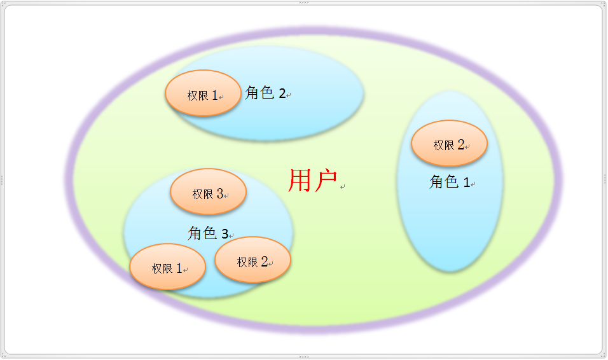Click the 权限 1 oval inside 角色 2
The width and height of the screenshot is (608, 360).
[x=203, y=93]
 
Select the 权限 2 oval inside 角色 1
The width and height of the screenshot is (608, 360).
[x=449, y=144]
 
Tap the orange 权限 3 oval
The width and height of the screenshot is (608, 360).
[x=208, y=192]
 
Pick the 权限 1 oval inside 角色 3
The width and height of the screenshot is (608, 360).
[x=167, y=267]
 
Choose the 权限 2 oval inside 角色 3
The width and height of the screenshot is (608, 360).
[x=252, y=260]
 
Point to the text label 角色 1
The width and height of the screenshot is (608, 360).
[x=450, y=183]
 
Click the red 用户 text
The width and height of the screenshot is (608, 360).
[x=312, y=181]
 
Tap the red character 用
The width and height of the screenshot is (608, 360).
[x=300, y=181]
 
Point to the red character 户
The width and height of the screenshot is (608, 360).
[x=325, y=181]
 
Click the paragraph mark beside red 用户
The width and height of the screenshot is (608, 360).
[x=343, y=187]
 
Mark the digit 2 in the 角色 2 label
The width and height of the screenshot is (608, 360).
[x=282, y=94]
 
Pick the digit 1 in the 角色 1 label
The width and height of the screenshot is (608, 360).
[x=466, y=183]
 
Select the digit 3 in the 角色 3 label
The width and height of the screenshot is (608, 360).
[x=225, y=234]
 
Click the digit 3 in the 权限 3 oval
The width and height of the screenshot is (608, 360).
[x=219, y=193]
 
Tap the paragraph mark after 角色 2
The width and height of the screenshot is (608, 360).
[x=289, y=96]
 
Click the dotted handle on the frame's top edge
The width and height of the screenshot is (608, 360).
[x=304, y=3]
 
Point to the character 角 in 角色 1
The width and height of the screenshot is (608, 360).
[x=436, y=183]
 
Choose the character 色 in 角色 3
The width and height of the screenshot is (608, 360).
[x=209, y=233]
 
